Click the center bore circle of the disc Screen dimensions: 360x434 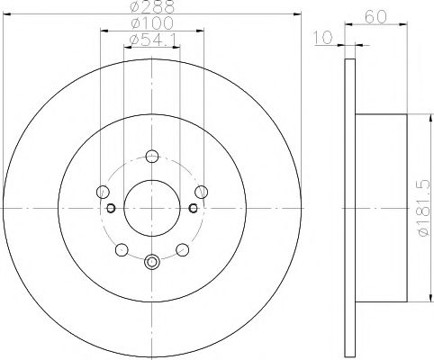pos(150,208)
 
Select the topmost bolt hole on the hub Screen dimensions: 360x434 pos(150,155)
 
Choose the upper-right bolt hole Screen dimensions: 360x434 pos(201,191)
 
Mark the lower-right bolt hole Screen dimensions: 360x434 pos(182,249)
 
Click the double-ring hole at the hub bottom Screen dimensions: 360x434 pos(150,262)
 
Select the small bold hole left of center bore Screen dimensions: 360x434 pos(111,209)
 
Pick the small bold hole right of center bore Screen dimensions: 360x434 pos(192,209)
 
